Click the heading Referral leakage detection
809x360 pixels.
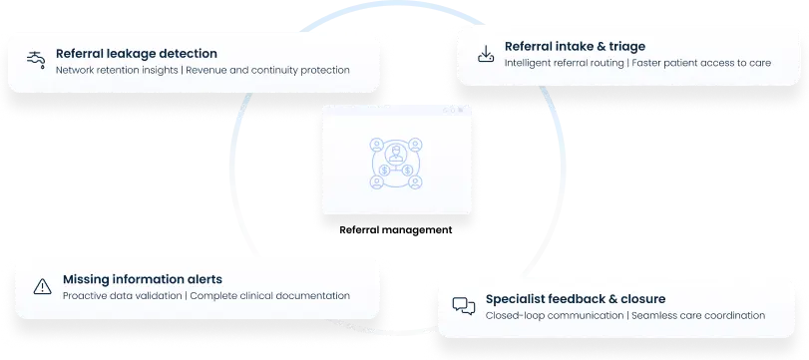(x=137, y=54)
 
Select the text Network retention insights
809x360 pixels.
(x=117, y=71)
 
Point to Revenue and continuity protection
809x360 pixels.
(x=268, y=71)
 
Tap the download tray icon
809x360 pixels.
(x=486, y=53)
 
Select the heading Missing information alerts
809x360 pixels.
(x=143, y=279)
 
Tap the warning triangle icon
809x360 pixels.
(x=42, y=287)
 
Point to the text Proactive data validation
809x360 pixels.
(x=122, y=296)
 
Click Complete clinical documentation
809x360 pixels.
(x=269, y=296)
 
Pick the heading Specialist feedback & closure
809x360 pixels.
(x=576, y=298)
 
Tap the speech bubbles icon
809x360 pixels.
(x=463, y=306)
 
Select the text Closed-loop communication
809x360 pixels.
(x=554, y=315)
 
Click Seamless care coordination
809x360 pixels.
(x=699, y=315)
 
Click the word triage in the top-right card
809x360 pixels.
(x=624, y=46)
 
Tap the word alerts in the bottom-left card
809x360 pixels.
(x=202, y=279)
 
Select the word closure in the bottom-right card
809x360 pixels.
(x=640, y=298)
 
